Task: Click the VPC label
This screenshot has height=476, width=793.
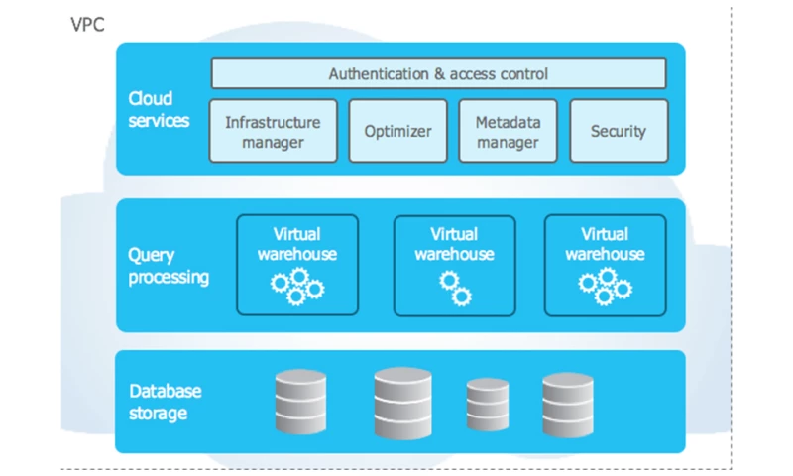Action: tap(88, 24)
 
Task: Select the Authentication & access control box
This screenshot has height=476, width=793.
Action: tap(438, 74)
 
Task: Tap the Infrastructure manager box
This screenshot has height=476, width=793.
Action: tap(273, 132)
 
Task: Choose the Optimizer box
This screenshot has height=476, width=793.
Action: tap(394, 132)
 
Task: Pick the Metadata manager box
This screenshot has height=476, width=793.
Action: tap(508, 132)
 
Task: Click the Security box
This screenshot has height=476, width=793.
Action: tap(618, 132)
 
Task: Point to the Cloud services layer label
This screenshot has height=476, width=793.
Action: tap(158, 109)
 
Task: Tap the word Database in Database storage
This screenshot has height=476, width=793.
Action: tap(164, 391)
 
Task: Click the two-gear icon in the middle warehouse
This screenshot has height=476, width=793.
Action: tap(455, 288)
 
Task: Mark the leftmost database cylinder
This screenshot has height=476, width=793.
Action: tap(299, 404)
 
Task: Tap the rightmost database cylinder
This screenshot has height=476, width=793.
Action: tap(567, 404)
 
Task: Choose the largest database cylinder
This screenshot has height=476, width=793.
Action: tap(402, 403)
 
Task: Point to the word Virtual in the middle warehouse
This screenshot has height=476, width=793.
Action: tap(454, 235)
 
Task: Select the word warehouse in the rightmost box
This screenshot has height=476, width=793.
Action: tap(605, 254)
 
